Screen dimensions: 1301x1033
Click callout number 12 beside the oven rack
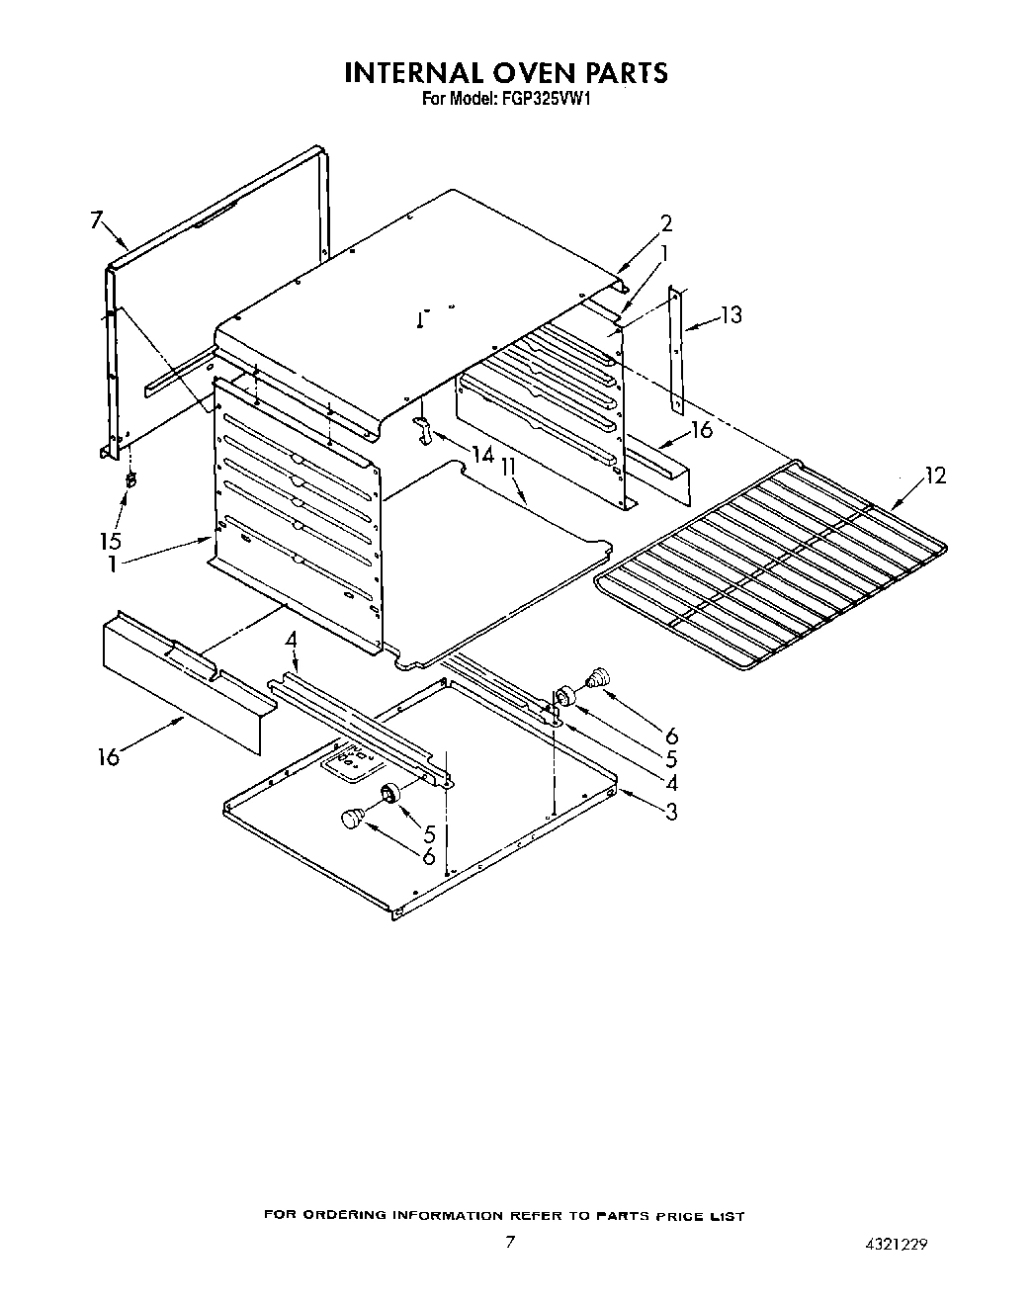933,476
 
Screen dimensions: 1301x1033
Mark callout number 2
666,222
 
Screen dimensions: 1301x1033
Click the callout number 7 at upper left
96,219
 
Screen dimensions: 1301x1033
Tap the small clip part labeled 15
129,480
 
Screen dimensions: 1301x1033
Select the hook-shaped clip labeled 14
423,429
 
